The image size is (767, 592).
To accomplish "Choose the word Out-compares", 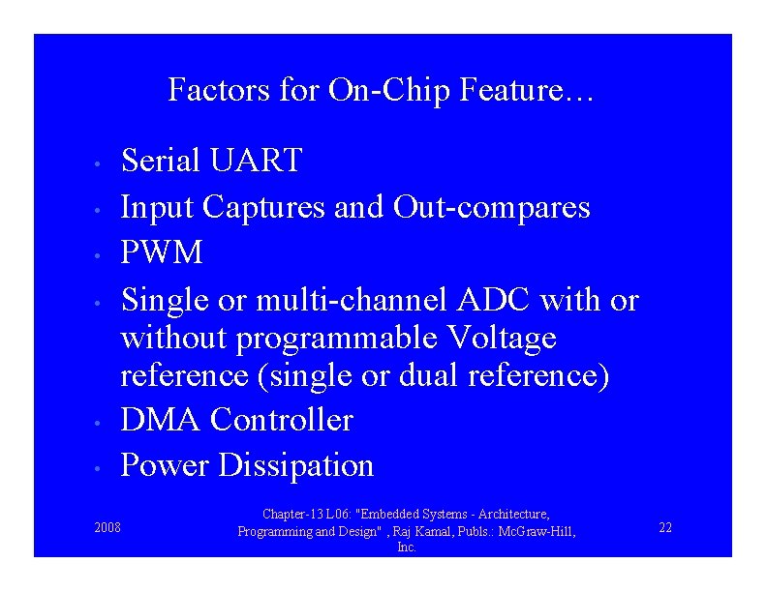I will pyautogui.click(x=491, y=207).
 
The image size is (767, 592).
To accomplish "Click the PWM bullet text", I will pyautogui.click(x=162, y=253).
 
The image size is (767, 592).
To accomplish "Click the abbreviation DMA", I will pyautogui.click(x=161, y=420).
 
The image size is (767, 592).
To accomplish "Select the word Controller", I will pyautogui.click(x=282, y=420).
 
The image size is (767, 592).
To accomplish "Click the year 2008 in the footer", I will pyautogui.click(x=107, y=528).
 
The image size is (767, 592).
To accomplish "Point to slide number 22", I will pyautogui.click(x=665, y=527).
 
